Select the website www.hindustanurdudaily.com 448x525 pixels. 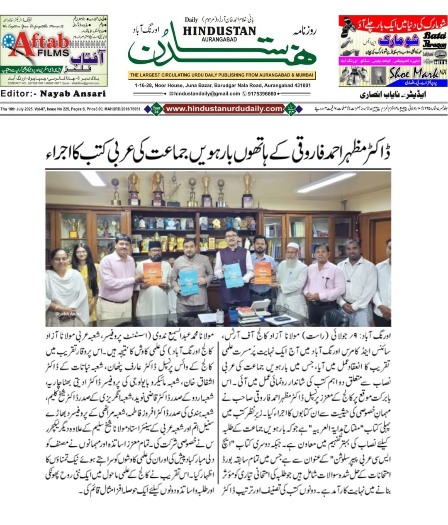[x=224, y=109]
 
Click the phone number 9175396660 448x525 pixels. [x=261, y=93]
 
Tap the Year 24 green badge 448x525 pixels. [x=157, y=109]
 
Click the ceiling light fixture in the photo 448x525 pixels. [x=325, y=182]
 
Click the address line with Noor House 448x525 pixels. [x=222, y=85]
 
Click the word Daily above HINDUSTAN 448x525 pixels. [x=191, y=20]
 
